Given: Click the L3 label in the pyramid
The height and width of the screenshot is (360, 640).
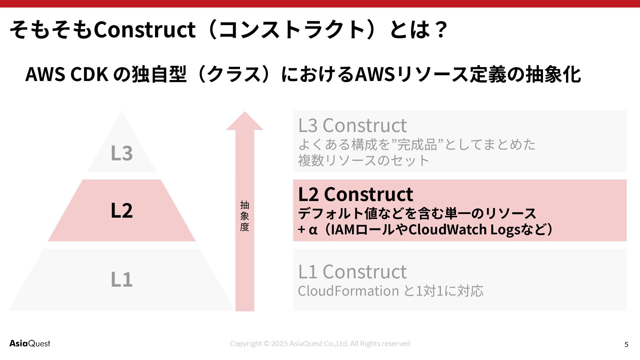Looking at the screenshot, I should pos(122,153).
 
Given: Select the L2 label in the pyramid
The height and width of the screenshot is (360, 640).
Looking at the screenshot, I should pos(122,210).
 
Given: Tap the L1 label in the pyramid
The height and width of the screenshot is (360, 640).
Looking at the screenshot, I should pos(122,279).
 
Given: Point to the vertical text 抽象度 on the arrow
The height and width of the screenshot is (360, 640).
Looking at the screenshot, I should pos(245,216).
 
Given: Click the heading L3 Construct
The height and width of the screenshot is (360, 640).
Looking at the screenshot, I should pos(352,125).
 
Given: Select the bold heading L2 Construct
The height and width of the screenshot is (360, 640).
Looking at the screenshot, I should pos(355,194).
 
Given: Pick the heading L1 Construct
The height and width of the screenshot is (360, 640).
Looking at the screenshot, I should pos(352,271).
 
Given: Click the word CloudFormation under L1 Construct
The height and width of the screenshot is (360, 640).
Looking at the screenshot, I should pos(348,291).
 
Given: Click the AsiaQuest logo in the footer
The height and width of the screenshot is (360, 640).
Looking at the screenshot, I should pos(30,343).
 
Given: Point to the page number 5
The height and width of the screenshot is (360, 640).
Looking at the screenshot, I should pos(626,344).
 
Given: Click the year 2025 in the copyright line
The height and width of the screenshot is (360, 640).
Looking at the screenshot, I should pos(279,343).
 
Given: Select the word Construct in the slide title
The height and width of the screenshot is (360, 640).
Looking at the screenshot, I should pos(144,29).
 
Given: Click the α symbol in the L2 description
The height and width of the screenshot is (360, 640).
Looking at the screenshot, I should pos(312,230).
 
